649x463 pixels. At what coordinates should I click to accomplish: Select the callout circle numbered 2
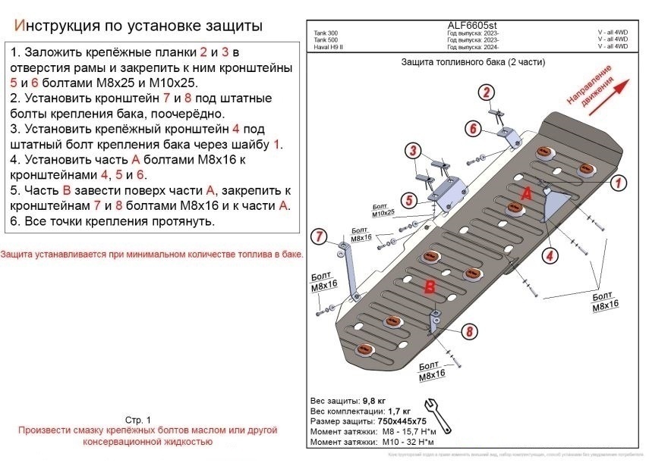484,93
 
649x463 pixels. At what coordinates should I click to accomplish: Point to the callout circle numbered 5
408,200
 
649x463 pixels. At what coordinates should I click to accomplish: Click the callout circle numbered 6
472,129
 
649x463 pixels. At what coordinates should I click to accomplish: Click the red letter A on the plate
525,195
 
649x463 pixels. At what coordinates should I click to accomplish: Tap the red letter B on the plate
429,286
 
